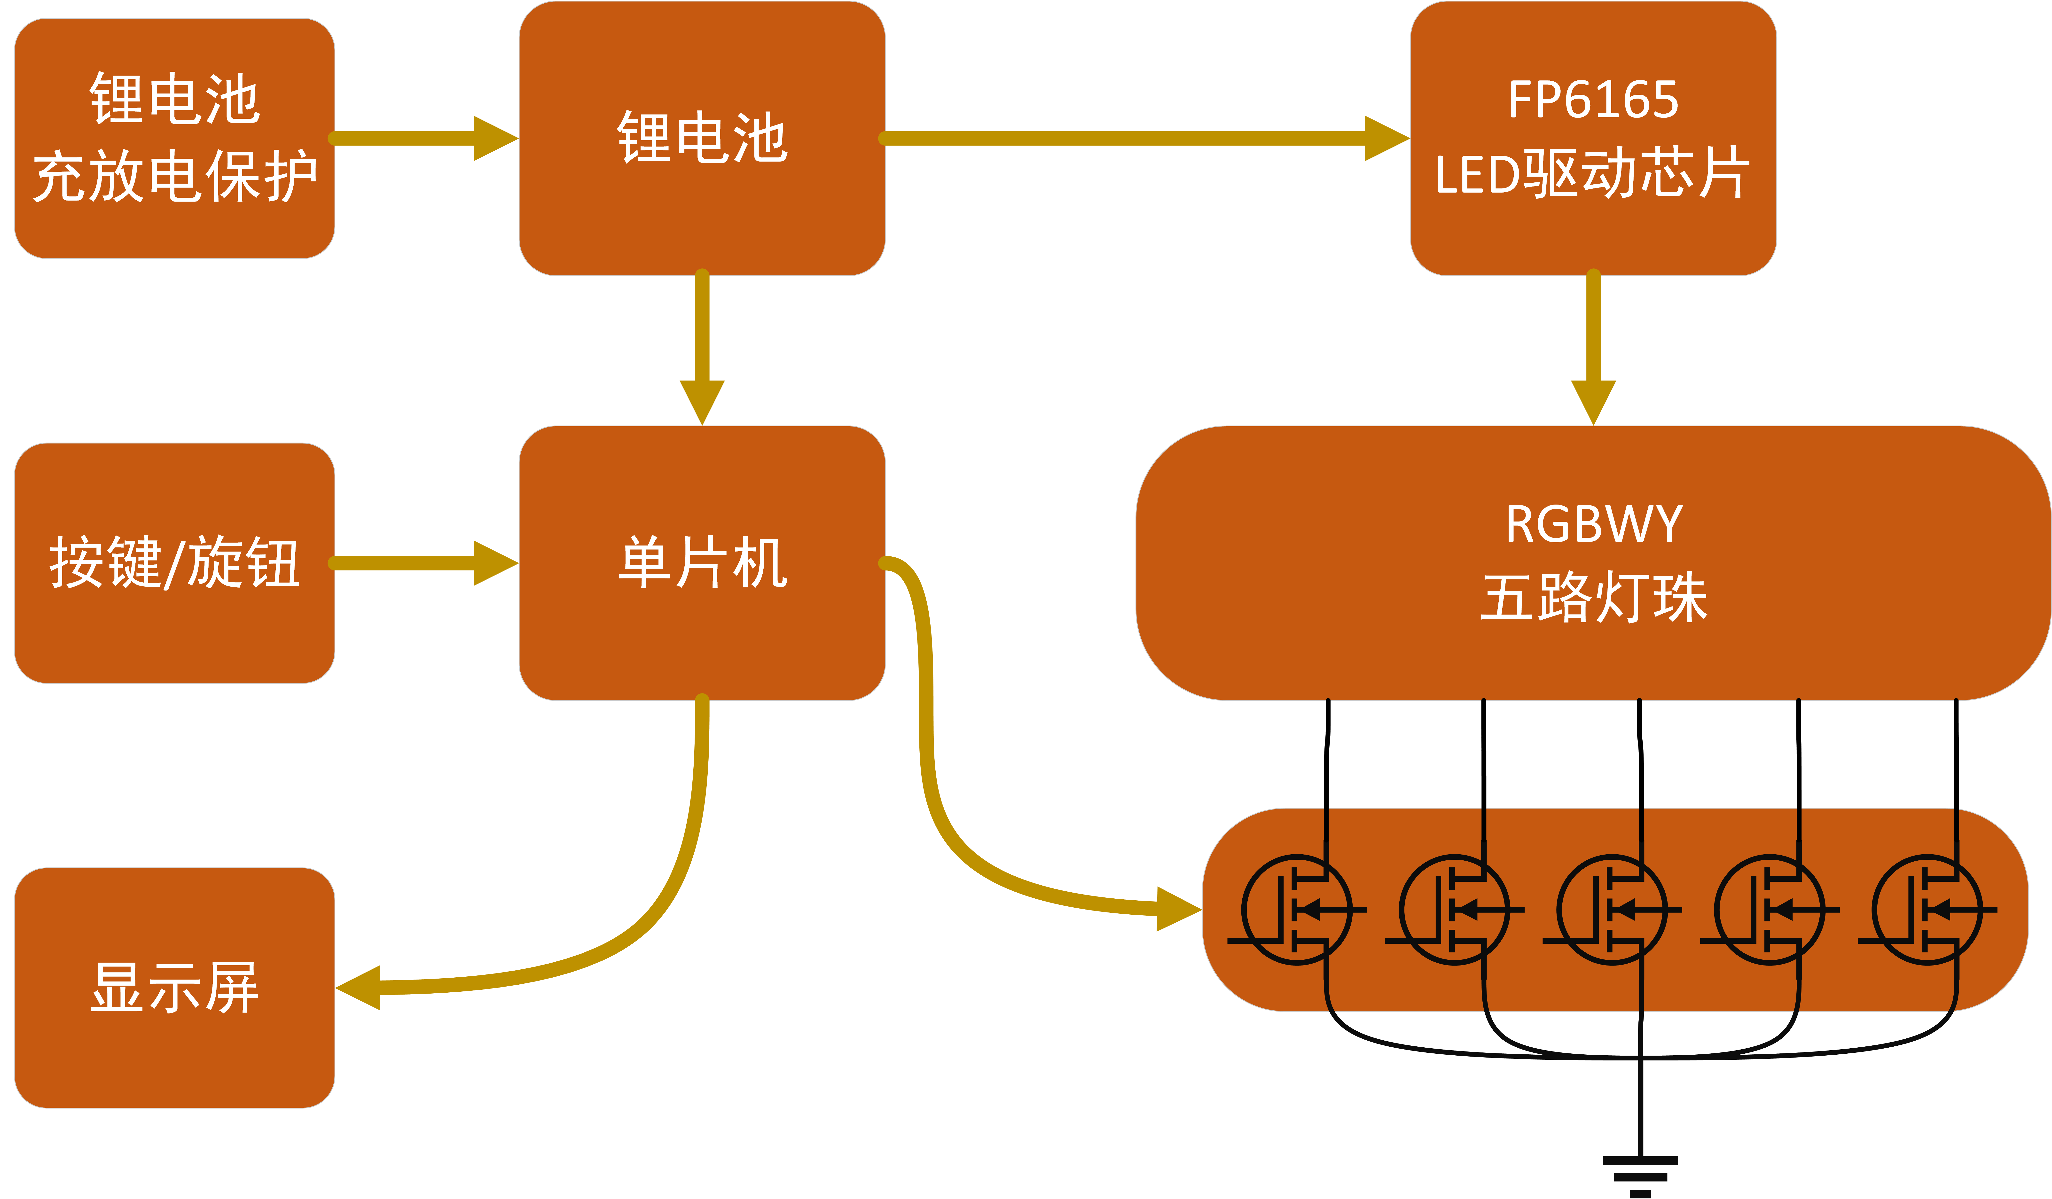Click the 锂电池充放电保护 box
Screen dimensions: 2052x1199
174,138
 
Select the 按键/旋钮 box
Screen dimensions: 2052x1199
174,563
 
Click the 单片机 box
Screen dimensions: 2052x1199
702,563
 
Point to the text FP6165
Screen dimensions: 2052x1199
1594,99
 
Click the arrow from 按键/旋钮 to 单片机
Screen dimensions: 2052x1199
423,563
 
